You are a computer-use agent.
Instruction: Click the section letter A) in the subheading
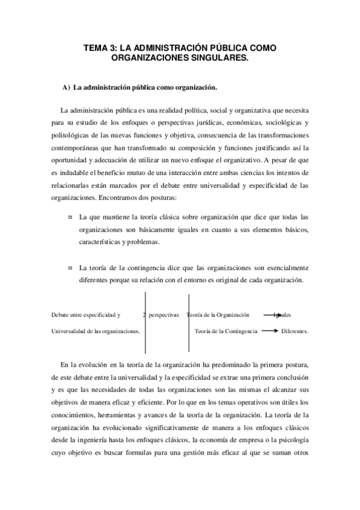(66, 88)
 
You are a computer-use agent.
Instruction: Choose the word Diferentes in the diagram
(294, 331)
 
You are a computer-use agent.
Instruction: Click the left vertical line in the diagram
(146, 322)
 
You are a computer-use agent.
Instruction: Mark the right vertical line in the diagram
(189, 322)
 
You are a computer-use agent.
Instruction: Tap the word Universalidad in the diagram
(70, 331)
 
